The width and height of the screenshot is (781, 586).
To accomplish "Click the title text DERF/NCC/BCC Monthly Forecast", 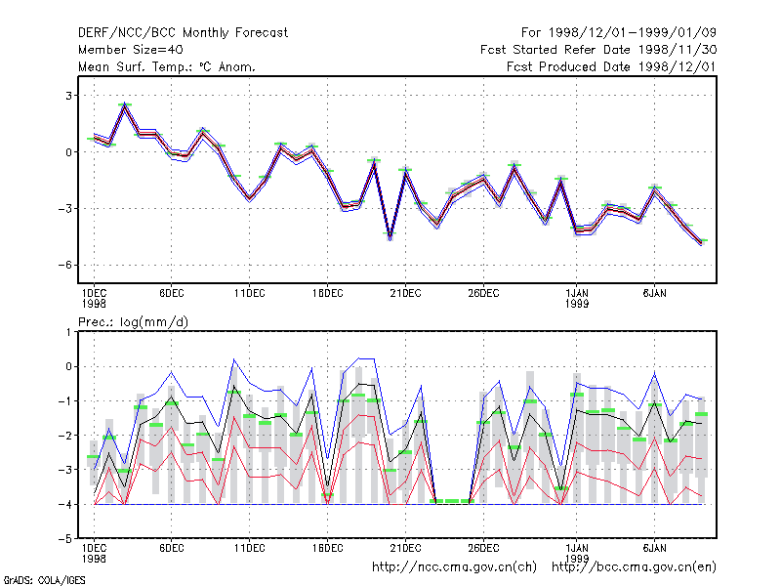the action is [x=183, y=33].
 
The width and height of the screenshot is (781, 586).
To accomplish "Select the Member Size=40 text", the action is [x=131, y=50].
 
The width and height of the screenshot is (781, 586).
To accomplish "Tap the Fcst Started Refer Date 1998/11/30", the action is [x=598, y=50].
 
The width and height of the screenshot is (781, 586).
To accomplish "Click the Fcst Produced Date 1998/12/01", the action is [x=611, y=66].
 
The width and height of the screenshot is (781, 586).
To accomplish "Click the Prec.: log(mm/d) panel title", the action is [x=133, y=322].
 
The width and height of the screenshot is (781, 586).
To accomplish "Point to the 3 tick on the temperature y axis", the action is [x=68, y=96].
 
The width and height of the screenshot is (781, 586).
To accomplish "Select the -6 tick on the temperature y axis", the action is [x=65, y=265].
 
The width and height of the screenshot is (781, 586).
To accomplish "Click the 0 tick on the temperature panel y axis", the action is [x=68, y=152].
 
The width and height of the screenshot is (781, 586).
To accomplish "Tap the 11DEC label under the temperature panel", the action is [x=250, y=294].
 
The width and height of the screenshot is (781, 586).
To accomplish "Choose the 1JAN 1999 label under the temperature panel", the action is [x=577, y=298].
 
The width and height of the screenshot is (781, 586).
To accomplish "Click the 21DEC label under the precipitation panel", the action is [x=405, y=548].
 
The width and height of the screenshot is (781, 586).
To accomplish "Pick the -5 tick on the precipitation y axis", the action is [x=65, y=539].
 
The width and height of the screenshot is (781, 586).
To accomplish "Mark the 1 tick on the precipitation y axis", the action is [x=68, y=331].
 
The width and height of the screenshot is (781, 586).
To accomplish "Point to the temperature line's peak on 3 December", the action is [x=125, y=105].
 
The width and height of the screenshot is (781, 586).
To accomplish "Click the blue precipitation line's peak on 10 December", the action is [x=234, y=358].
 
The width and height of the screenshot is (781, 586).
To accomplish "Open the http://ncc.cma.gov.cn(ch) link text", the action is [x=454, y=567].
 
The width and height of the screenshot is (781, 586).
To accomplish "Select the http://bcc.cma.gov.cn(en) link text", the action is [x=634, y=567].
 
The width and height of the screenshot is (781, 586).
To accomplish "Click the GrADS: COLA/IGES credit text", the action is [x=44, y=580].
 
